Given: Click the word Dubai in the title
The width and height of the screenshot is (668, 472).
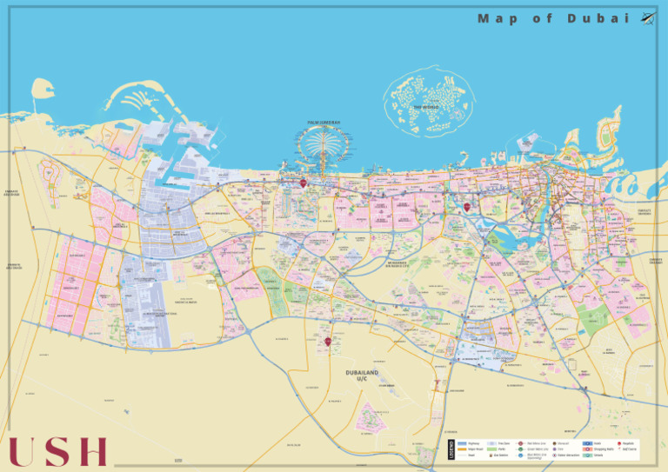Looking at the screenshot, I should point(598,18).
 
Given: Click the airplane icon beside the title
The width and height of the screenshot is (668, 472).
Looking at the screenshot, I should point(648,17).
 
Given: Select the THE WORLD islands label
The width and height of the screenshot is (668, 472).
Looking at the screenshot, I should point(427,108).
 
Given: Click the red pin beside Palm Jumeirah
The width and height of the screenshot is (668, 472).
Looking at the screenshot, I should point(303,183).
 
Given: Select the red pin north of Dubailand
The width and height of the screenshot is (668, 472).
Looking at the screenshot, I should point(328,342).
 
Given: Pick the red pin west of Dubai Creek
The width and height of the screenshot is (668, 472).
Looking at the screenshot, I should point(467,207).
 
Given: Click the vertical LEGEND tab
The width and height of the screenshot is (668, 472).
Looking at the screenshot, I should point(451,449).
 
